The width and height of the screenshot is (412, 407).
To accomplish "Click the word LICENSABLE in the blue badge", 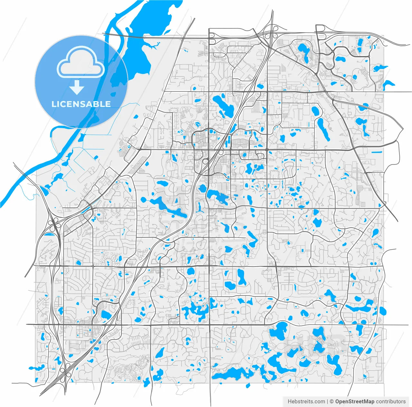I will coord(81,104).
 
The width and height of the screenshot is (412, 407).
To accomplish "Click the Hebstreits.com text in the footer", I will coord(306,402).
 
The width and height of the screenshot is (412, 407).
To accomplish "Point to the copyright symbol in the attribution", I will coord(332,402).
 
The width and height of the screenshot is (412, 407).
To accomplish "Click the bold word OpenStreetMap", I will coord(355,402).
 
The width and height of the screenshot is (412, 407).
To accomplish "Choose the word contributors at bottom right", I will coord(391,402).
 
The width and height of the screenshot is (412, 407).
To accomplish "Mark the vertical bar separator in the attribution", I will coord(328,402).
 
